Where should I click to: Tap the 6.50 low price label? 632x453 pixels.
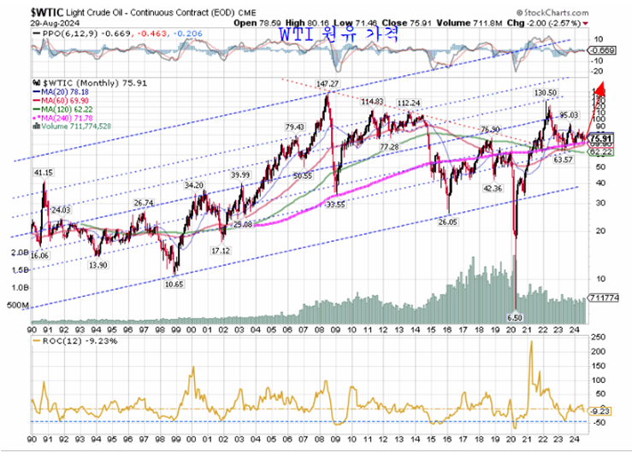click(x=515, y=316)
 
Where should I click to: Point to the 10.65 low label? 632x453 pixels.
click(x=174, y=283)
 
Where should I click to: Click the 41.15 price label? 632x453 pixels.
click(x=44, y=173)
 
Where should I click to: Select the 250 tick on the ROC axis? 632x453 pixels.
click(x=598, y=338)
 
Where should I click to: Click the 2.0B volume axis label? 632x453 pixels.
click(x=17, y=253)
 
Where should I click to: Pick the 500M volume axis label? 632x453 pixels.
click(x=17, y=305)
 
